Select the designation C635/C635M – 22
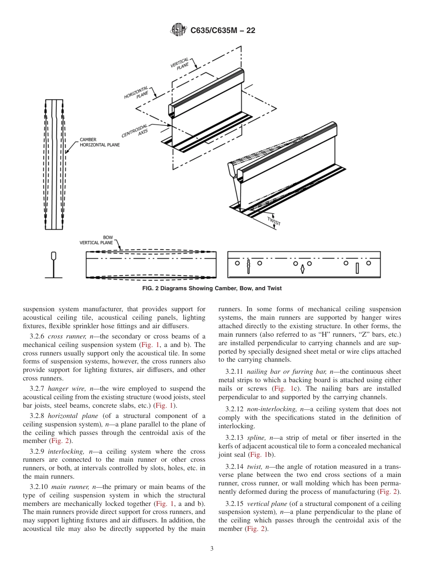tap(223, 30)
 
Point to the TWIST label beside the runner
tap(274, 221)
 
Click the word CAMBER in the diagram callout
tap(88, 139)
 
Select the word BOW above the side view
tap(108, 238)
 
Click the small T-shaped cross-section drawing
tap(54, 265)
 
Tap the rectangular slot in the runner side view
tap(357, 268)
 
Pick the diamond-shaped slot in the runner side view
tap(302, 269)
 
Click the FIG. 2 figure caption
tap(212, 288)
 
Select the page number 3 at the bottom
tap(212, 549)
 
